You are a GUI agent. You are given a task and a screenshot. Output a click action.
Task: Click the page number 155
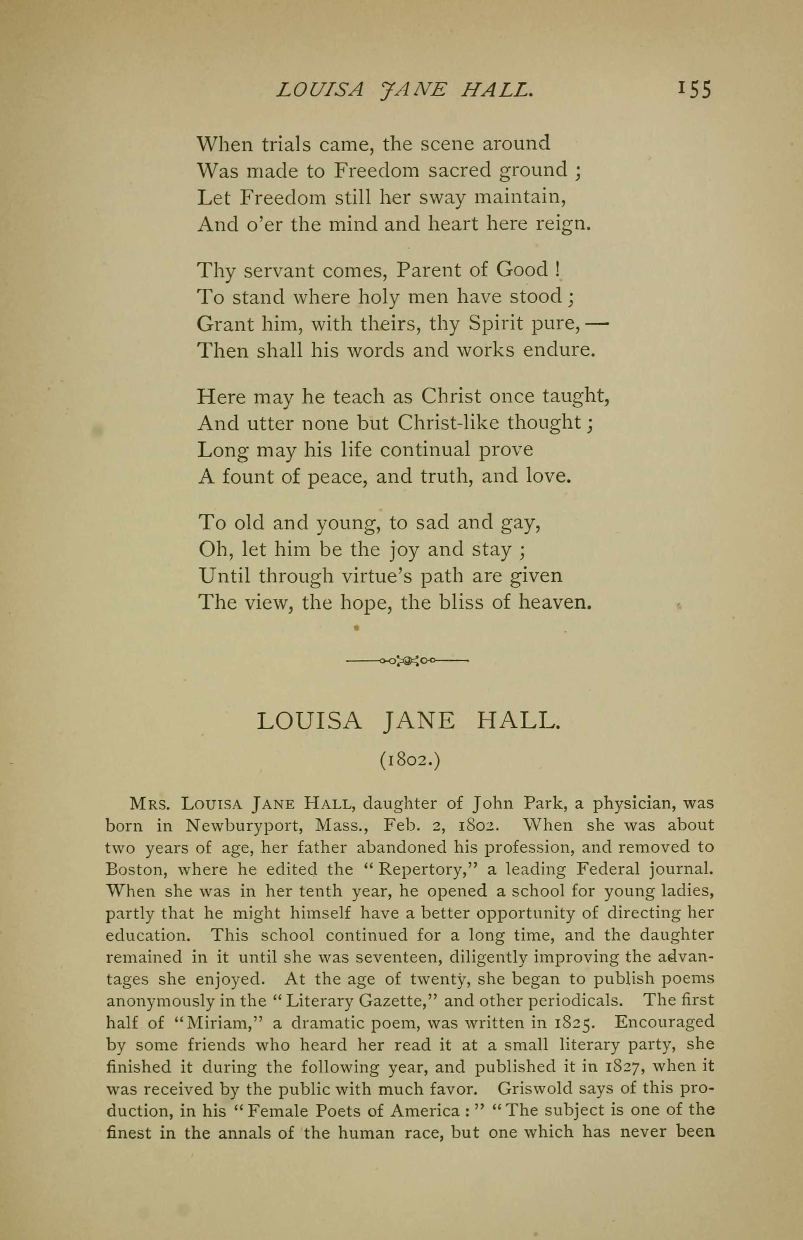[x=694, y=90]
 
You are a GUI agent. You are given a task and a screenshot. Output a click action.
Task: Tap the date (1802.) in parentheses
[x=410, y=761]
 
